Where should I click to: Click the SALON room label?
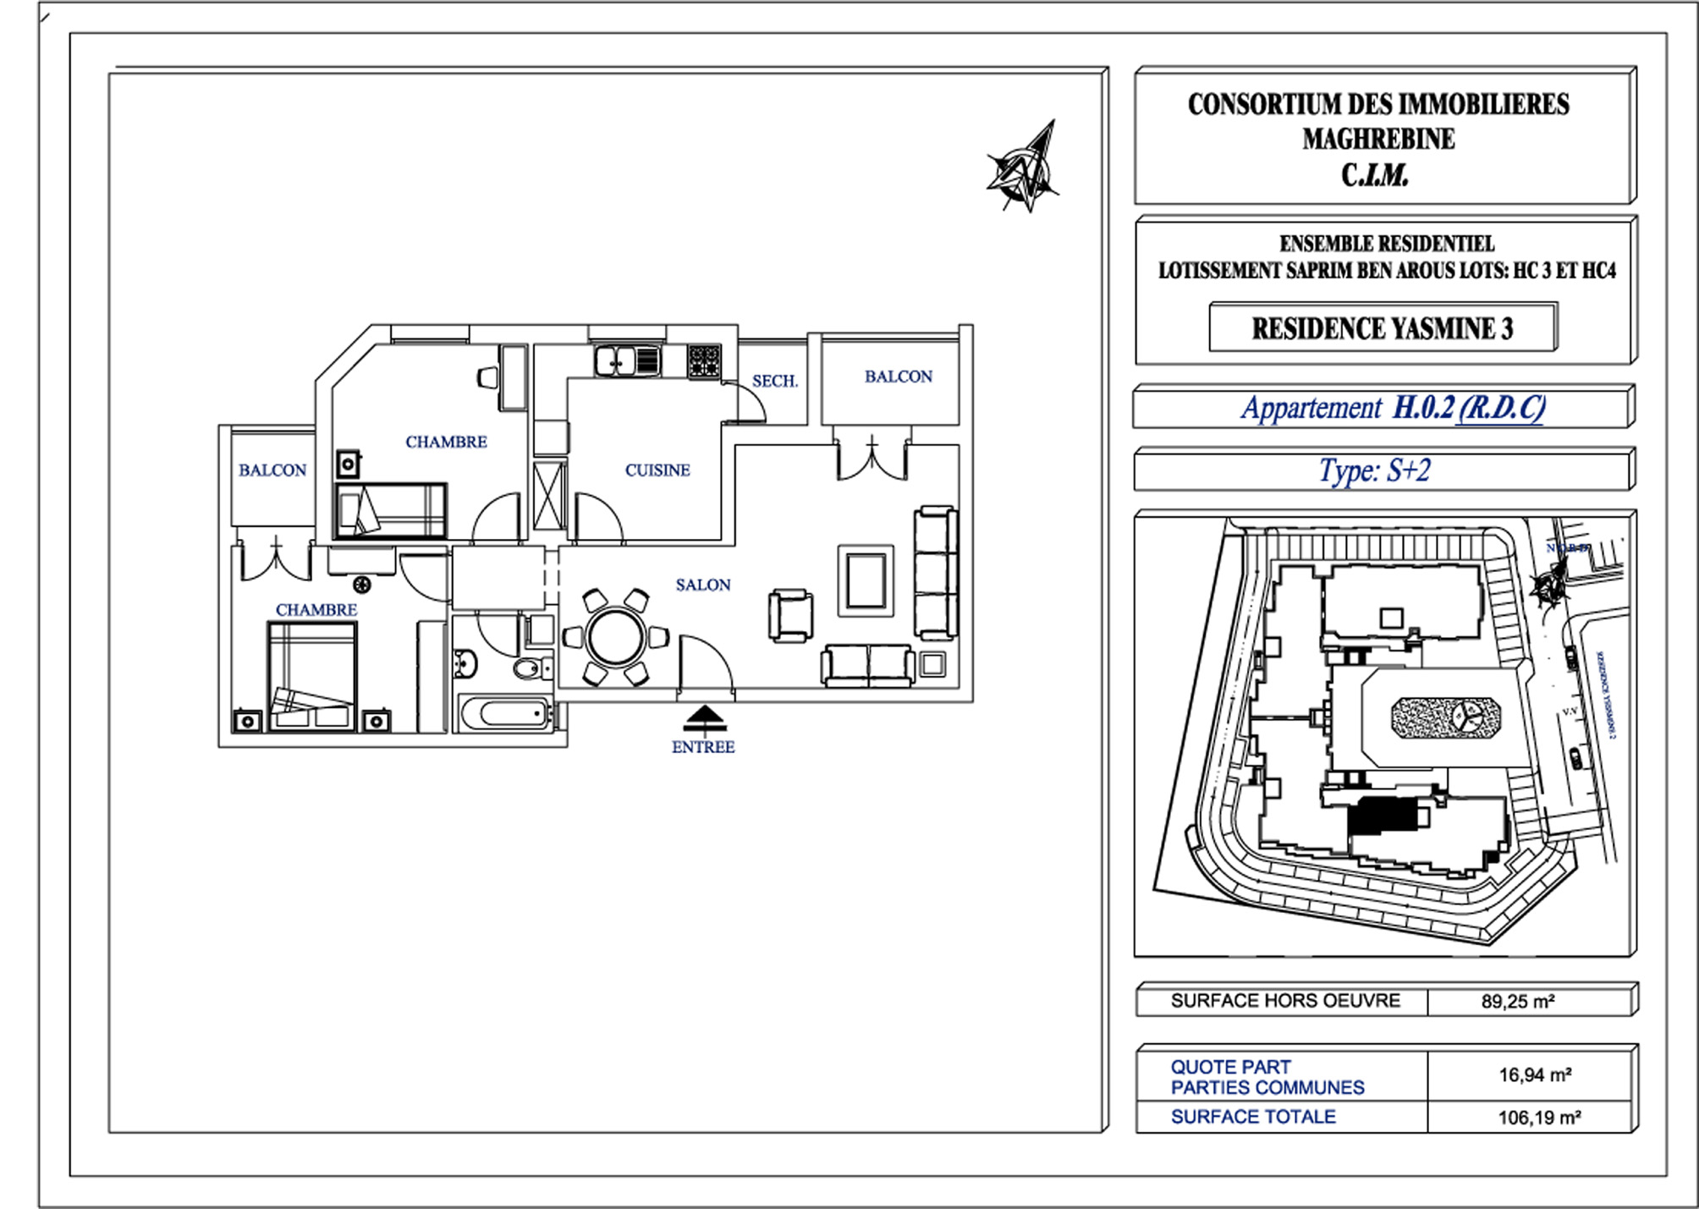(x=702, y=585)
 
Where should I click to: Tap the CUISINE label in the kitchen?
(x=657, y=470)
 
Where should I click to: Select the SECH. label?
(x=774, y=382)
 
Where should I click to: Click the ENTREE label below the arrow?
(x=702, y=747)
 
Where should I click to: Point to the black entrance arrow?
(x=705, y=719)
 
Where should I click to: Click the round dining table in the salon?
(x=615, y=637)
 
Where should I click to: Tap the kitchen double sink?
(x=627, y=361)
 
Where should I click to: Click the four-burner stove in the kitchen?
(x=703, y=361)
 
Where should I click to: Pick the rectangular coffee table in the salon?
(x=866, y=580)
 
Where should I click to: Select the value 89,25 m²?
(x=1518, y=1002)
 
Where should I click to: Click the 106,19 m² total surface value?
(x=1539, y=1118)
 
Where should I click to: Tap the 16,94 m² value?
(x=1535, y=1075)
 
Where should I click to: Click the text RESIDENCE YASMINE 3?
(x=1382, y=328)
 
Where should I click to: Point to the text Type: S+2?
(x=1374, y=470)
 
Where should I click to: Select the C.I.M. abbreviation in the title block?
(x=1374, y=175)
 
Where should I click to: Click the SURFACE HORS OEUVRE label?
(x=1284, y=1001)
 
